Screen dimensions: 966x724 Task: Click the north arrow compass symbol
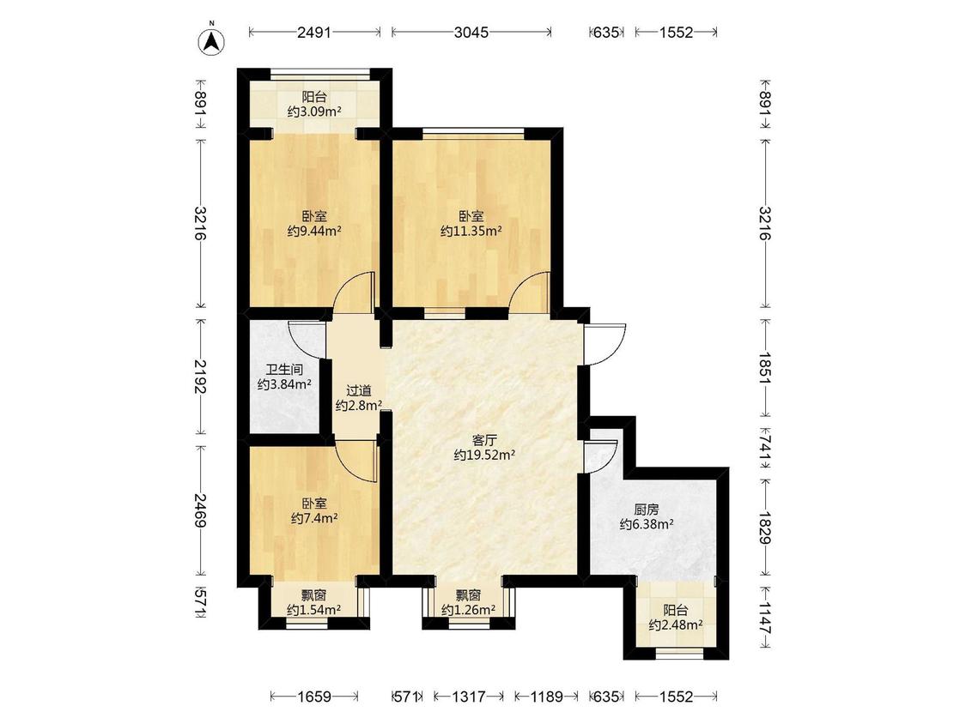(x=211, y=40)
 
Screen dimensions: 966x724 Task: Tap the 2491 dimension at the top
(x=314, y=32)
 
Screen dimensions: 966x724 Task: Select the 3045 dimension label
(x=471, y=32)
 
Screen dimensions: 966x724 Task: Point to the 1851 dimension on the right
(x=765, y=368)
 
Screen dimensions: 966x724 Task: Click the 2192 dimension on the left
(x=200, y=377)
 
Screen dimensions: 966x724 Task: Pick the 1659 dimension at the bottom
(x=314, y=697)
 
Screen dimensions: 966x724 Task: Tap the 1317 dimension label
(x=469, y=697)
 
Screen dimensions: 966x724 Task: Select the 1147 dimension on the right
(x=765, y=618)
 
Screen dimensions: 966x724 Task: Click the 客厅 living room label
(x=484, y=440)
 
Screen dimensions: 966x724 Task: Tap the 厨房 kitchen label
(x=647, y=510)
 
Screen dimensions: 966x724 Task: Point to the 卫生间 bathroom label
(x=284, y=370)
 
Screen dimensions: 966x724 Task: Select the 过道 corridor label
(x=359, y=390)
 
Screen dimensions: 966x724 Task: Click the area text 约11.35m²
(x=471, y=232)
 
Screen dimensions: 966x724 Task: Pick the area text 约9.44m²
(x=314, y=232)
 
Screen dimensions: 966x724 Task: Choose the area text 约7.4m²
(x=314, y=518)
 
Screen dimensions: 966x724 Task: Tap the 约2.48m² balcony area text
(x=676, y=625)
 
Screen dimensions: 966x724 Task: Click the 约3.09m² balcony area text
(x=314, y=112)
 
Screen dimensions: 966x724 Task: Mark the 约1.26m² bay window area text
(x=469, y=610)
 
